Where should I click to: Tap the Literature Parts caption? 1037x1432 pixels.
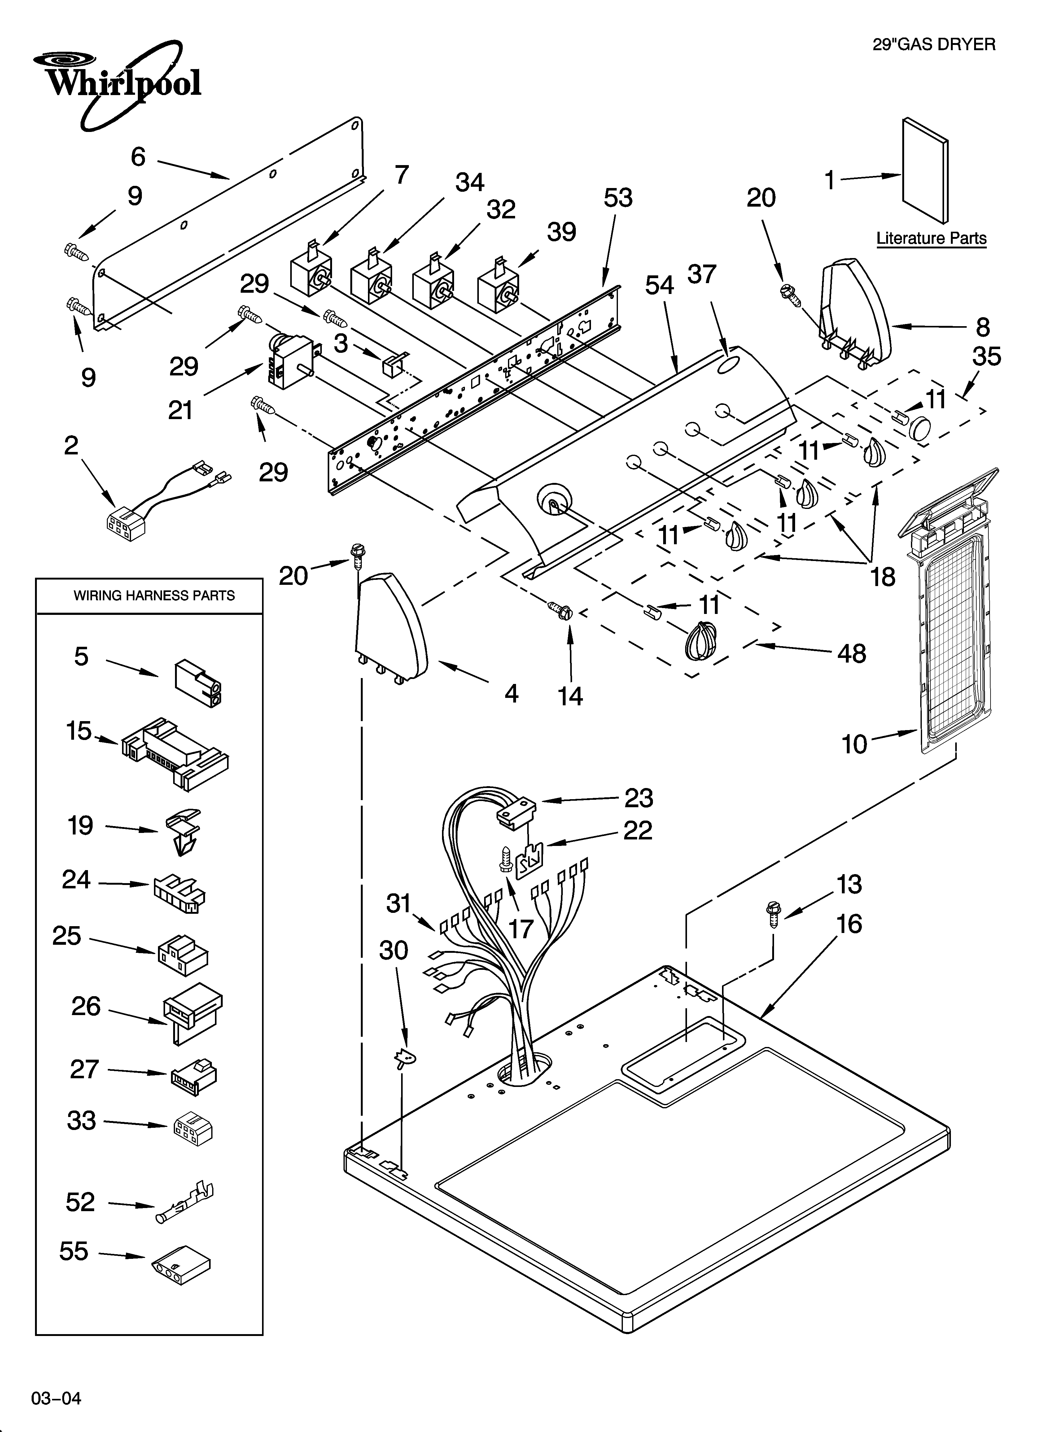tap(931, 239)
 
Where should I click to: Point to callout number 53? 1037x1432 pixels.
tap(618, 198)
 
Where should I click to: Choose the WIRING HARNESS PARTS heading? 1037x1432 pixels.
tap(154, 595)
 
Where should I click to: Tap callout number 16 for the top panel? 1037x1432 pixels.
tap(849, 924)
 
